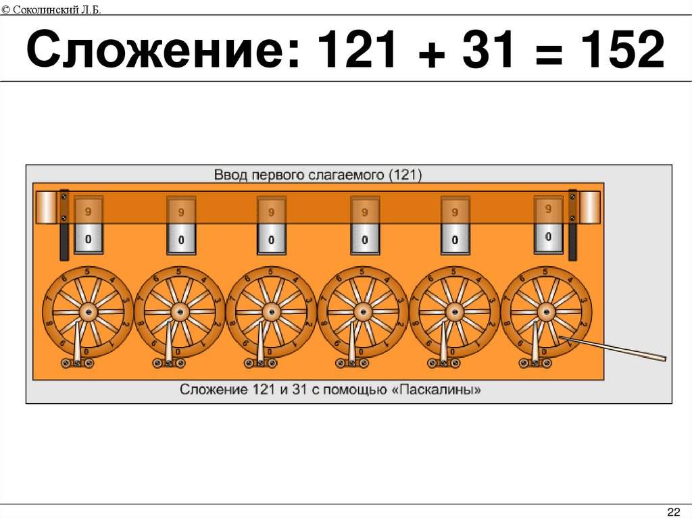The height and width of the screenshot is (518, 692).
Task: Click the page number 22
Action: coord(673,509)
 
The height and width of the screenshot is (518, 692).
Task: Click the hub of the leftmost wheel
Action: coord(88,311)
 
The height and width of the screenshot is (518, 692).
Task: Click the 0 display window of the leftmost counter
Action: coord(89,239)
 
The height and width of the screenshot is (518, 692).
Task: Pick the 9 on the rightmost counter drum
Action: coord(548,210)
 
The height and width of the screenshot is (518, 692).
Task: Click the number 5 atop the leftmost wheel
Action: coord(88,271)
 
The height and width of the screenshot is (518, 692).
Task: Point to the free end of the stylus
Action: coord(664,358)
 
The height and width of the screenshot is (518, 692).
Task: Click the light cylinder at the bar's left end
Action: coord(47,207)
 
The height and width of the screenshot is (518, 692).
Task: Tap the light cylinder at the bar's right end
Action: coord(590,207)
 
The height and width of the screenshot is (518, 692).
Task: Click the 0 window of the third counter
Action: coord(271,239)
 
